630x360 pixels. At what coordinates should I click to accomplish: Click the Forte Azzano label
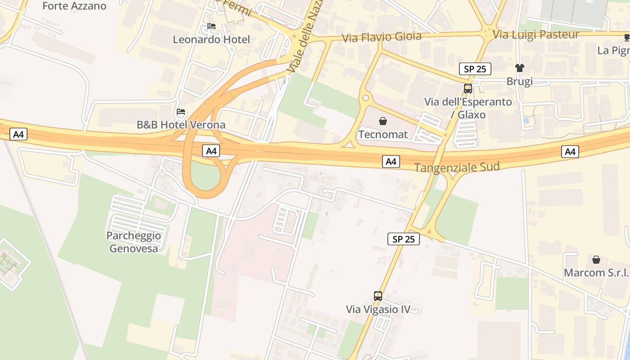[x=74, y=6]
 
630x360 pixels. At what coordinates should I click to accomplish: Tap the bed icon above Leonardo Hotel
[x=211, y=26]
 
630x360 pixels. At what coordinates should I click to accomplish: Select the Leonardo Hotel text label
[x=211, y=40]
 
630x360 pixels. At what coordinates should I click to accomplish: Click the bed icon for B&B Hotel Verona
[x=181, y=111]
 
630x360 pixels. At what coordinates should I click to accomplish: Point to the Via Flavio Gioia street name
[x=382, y=36]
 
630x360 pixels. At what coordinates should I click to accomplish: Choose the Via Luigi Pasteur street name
[x=536, y=34]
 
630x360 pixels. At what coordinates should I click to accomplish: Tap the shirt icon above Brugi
[x=520, y=68]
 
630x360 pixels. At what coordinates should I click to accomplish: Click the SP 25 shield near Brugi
[x=475, y=69]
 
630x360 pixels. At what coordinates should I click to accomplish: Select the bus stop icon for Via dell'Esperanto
[x=468, y=88]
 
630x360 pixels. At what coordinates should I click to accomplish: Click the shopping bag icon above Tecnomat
[x=383, y=121]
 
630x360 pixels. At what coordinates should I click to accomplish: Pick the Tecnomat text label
[x=383, y=134]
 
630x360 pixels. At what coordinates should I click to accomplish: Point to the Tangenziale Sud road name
[x=457, y=167]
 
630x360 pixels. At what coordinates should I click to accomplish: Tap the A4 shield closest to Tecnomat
[x=391, y=161]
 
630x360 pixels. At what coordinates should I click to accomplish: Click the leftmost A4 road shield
[x=18, y=134]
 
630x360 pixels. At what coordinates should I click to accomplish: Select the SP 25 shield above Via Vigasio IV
[x=403, y=239]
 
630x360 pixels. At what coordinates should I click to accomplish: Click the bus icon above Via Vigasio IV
[x=378, y=296]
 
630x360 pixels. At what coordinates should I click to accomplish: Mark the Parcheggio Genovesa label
[x=134, y=242]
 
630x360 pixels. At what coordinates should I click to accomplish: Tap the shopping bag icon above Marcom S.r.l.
[x=596, y=259]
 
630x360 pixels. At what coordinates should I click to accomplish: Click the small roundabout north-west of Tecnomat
[x=365, y=97]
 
